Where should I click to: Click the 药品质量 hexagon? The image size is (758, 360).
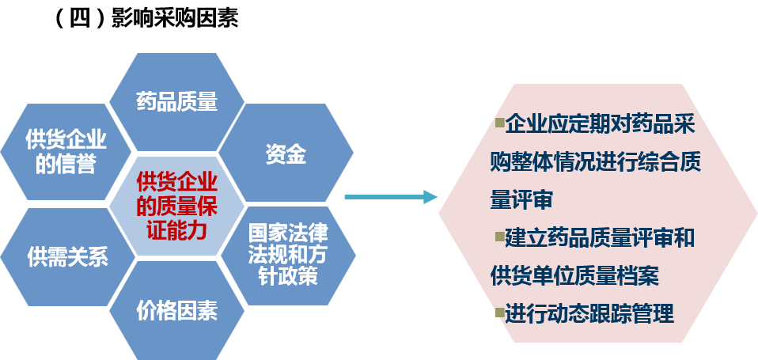176,101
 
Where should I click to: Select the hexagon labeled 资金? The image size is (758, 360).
286,154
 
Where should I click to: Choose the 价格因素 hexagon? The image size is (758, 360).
176,309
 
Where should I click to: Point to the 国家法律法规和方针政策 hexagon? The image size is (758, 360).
286,255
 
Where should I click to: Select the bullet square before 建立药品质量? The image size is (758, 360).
499,236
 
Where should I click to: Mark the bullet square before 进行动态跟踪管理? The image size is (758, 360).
499,312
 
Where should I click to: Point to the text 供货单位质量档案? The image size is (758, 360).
575,276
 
